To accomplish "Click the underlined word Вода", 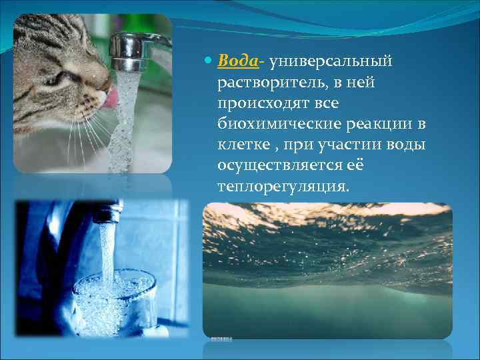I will point(238,61).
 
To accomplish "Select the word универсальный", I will point(331,61).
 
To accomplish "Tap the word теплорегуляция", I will point(283,187).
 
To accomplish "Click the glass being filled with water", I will point(114,297).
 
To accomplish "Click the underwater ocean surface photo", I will point(327,270).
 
